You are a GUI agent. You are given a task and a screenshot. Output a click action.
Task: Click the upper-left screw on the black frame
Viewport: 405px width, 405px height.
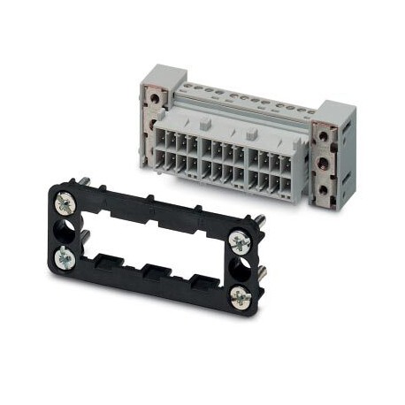click(x=65, y=205)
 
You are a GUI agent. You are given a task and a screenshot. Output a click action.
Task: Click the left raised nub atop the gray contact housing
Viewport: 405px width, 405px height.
click(x=206, y=125)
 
